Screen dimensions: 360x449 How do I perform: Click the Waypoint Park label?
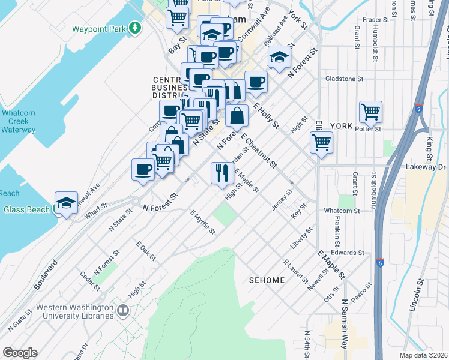coord(100,28)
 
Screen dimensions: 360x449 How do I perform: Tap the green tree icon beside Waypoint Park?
coord(136,28)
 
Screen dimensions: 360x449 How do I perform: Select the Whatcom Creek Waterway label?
coord(19,121)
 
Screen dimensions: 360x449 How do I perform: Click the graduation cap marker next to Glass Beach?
coord(66,203)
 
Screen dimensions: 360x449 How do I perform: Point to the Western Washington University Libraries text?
coord(74,311)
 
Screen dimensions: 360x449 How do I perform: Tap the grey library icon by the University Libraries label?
coord(123,310)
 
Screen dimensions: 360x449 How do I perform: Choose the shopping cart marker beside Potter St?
coord(370,112)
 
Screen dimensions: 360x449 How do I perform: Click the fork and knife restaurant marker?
coord(221,173)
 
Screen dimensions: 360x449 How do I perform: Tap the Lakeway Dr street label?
coord(424,166)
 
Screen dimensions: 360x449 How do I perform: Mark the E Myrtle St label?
coord(202,223)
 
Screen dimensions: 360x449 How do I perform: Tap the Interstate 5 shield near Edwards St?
coord(380,263)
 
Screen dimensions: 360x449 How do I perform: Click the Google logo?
coord(20,352)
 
